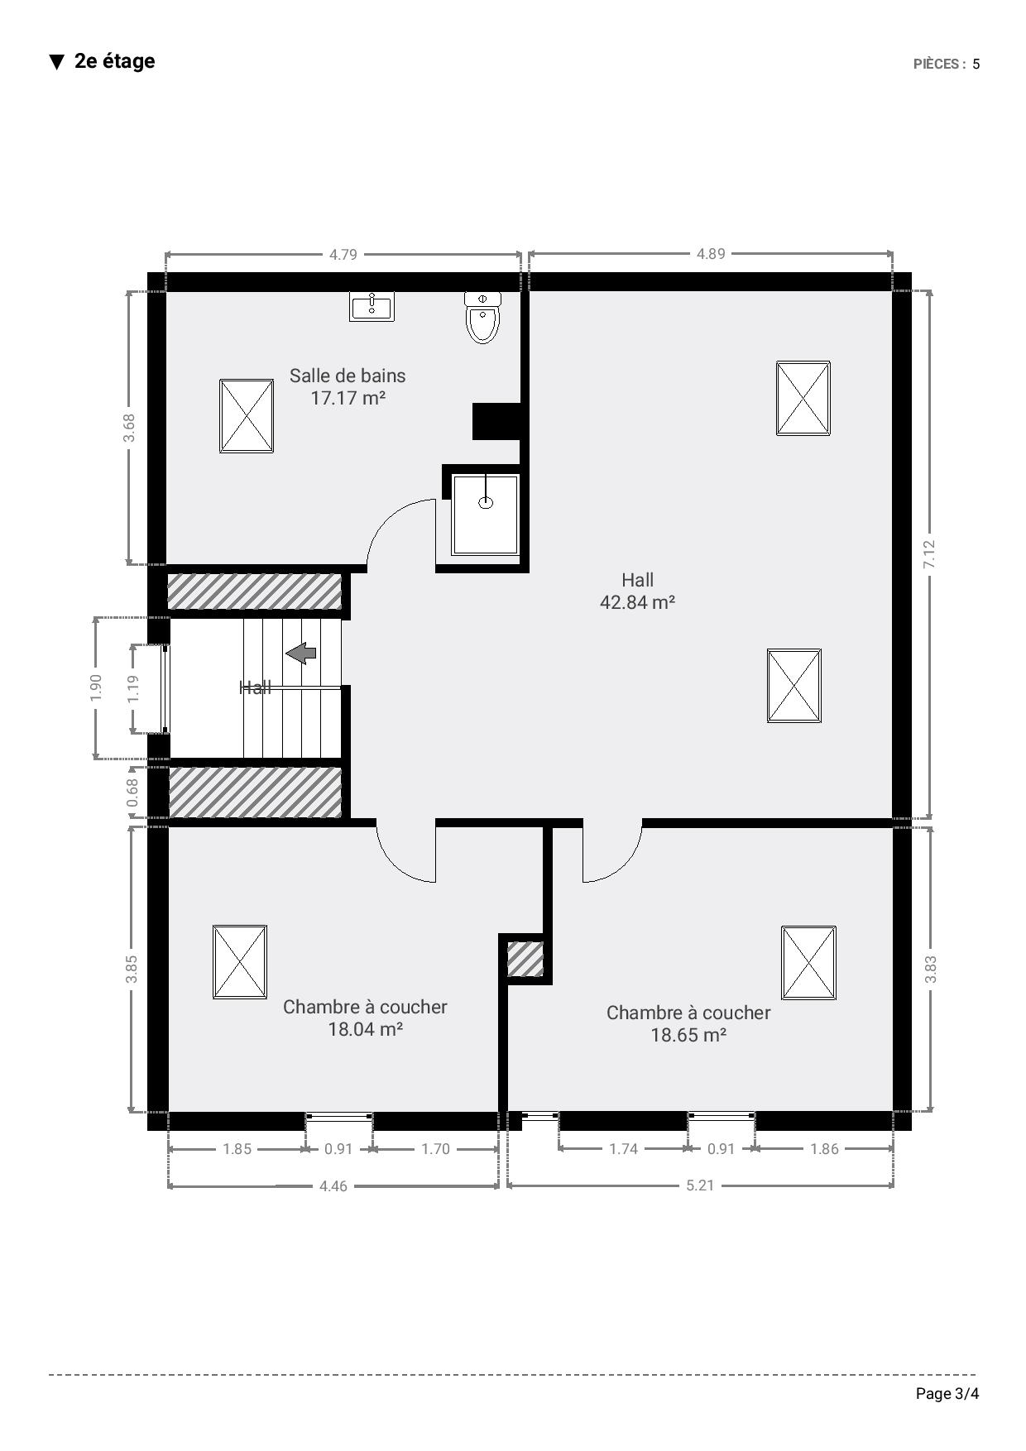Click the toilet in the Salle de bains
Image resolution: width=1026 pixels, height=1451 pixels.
point(482,317)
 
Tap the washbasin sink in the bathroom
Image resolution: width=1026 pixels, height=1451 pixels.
point(372,306)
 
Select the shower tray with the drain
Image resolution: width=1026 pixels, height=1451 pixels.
point(485,514)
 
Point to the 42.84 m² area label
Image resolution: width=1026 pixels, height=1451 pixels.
point(637,602)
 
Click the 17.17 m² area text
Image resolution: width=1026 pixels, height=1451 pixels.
point(348,398)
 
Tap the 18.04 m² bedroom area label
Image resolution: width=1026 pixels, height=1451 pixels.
point(365,1029)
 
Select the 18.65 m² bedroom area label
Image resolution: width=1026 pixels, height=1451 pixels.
point(688,1035)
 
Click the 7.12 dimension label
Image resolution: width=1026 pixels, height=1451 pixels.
point(929,554)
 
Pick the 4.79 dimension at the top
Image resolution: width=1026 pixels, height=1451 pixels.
point(343,255)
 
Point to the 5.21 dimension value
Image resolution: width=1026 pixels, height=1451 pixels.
point(700,1185)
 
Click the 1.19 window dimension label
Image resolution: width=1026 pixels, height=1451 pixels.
point(133,688)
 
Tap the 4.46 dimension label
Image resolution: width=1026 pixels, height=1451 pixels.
point(333,1186)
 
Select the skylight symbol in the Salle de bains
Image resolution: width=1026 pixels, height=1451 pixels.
point(247,416)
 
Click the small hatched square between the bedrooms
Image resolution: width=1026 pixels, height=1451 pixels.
point(525,959)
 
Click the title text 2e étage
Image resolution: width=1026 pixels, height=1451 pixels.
point(114,61)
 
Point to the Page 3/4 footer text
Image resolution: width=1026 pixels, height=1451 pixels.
point(947,1394)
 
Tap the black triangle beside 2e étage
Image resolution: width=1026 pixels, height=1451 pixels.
point(56,62)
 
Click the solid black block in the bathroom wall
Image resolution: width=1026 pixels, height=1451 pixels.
point(496,421)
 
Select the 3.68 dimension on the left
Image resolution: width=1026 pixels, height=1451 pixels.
point(129,428)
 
